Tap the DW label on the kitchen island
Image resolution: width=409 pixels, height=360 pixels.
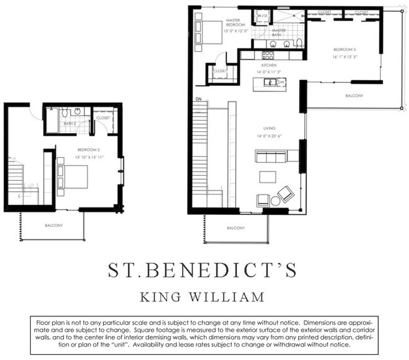click(281, 82)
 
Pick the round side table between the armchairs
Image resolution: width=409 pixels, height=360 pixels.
click(275, 200)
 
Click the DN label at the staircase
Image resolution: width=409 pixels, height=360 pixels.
click(199, 99)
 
